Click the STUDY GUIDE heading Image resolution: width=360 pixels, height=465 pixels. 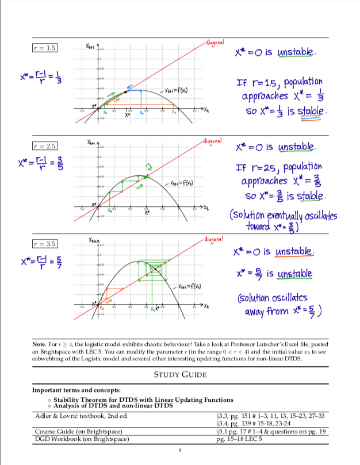[x=180, y=374]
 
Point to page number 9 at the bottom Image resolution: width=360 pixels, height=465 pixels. [x=180, y=451]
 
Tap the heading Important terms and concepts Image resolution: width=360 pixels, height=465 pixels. [x=76, y=390]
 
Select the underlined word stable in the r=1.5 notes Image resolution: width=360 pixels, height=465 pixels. [x=312, y=111]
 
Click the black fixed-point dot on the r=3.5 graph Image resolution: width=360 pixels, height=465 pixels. [x=155, y=268]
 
